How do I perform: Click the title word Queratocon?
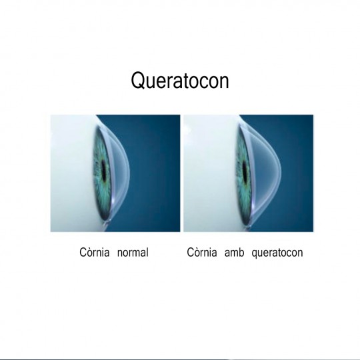180,81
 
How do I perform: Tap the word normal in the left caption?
133,252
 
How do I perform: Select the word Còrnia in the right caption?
202,252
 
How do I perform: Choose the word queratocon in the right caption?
277,253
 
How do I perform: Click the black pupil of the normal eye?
103,171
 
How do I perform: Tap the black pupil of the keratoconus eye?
245,171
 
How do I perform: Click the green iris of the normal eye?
99,147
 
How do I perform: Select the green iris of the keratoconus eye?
241,147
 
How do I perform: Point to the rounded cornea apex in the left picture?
129,171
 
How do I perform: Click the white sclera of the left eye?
71,172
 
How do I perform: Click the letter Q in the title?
138,81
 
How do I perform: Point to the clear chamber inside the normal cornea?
119,171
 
